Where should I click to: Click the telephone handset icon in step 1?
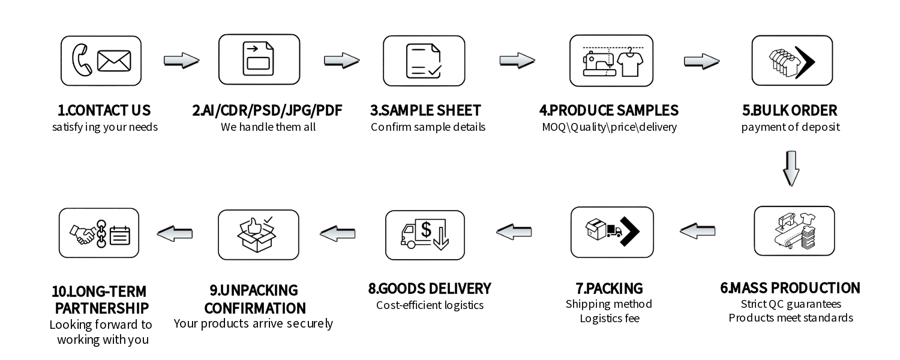[x=82, y=61]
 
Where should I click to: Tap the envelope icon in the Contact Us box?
[x=114, y=61]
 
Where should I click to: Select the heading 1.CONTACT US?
[x=104, y=110]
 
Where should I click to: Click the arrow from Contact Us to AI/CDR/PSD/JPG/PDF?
[x=181, y=60]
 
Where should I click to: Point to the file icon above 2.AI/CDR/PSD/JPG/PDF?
[x=259, y=59]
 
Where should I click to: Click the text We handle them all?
[x=268, y=127]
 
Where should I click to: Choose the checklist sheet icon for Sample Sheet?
[x=424, y=61]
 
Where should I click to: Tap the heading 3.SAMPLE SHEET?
[x=425, y=110]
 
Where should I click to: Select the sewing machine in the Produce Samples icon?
[x=599, y=64]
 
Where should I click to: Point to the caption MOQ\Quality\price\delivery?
[x=609, y=127]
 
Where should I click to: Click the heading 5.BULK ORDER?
[x=790, y=110]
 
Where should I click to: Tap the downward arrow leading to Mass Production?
[x=791, y=169]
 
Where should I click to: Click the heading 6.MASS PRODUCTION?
[x=790, y=288]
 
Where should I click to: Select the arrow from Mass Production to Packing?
[x=697, y=230]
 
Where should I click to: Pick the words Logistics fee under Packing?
[x=609, y=319]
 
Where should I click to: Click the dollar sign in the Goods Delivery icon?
[x=427, y=230]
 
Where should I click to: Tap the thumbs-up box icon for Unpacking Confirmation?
[x=257, y=235]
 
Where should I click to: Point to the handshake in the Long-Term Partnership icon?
[x=83, y=233]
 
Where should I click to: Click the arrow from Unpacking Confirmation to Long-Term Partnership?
[x=175, y=233]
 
